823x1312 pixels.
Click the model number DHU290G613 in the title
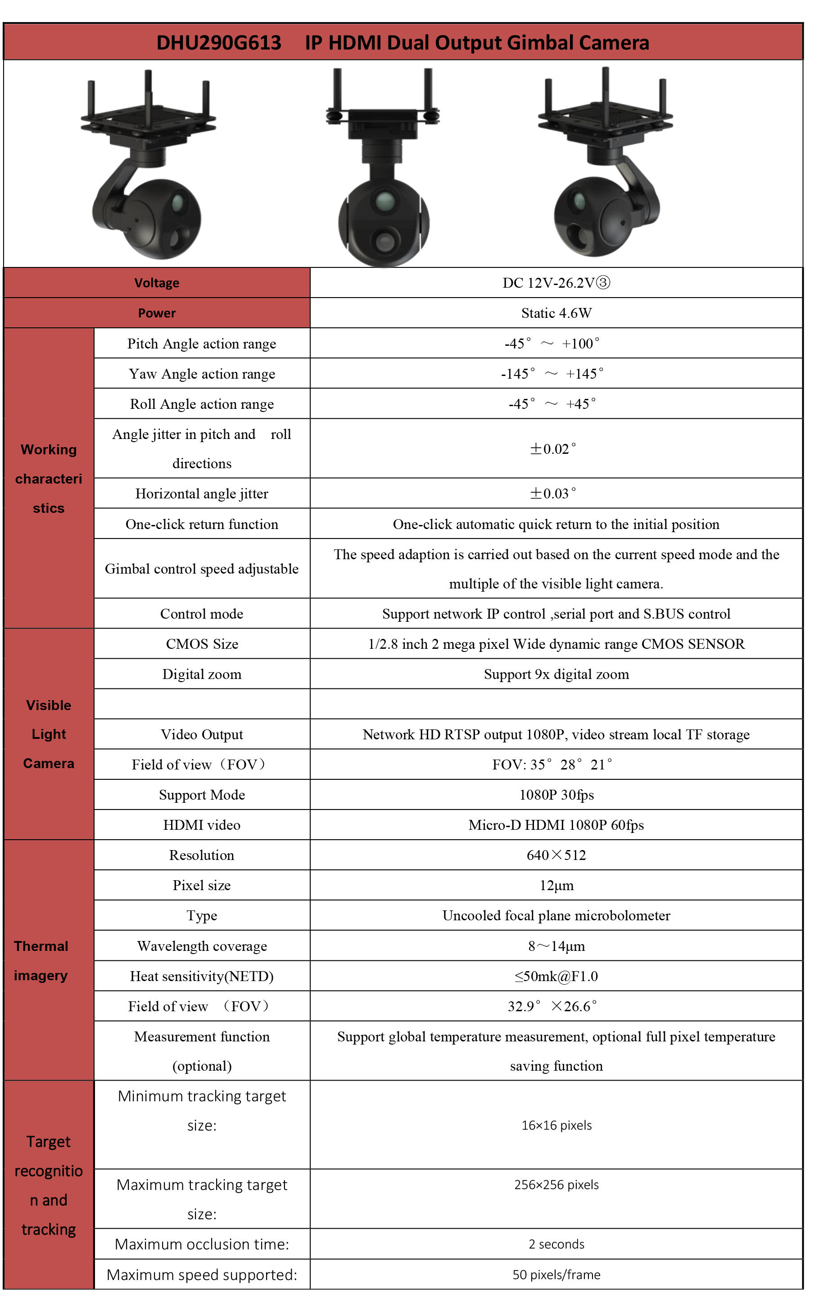(x=218, y=42)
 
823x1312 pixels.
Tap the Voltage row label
(x=157, y=283)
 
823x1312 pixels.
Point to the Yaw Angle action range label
(x=202, y=374)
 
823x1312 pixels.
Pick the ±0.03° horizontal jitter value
(x=553, y=493)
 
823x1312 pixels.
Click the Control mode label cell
(x=202, y=614)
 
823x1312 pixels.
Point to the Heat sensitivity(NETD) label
(x=202, y=976)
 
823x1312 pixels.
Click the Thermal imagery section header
(x=41, y=960)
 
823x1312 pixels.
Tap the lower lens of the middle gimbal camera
(x=384, y=240)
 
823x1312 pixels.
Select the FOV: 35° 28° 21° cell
(x=552, y=765)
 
